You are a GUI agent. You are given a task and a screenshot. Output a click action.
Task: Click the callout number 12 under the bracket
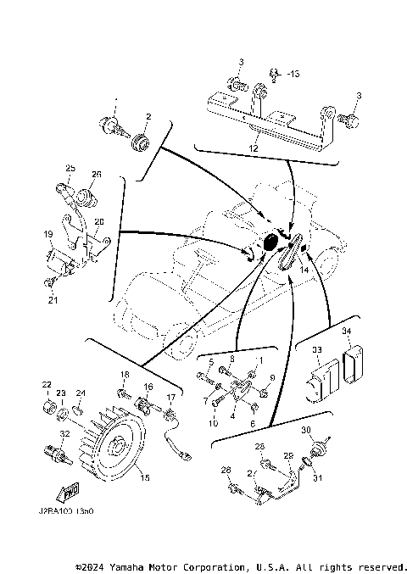coord(254,147)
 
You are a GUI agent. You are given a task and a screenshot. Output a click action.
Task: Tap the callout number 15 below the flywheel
coord(144,478)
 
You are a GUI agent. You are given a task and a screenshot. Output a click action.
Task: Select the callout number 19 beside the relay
coord(48,232)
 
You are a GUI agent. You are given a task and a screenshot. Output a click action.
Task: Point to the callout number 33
coord(315,349)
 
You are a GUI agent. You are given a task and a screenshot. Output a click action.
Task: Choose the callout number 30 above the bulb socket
coord(305,430)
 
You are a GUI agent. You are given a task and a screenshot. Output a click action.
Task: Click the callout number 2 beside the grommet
coord(148,116)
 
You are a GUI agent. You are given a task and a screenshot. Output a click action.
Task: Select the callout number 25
coord(70,168)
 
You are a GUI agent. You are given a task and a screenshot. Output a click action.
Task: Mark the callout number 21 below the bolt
coord(52,298)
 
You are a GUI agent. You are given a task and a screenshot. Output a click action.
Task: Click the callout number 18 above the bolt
coord(124,374)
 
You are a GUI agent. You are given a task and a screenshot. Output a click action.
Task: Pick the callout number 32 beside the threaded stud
coord(64,434)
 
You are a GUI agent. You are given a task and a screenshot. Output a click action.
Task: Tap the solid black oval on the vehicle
coord(271,242)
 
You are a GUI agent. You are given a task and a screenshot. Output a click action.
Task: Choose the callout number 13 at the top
coord(293,75)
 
